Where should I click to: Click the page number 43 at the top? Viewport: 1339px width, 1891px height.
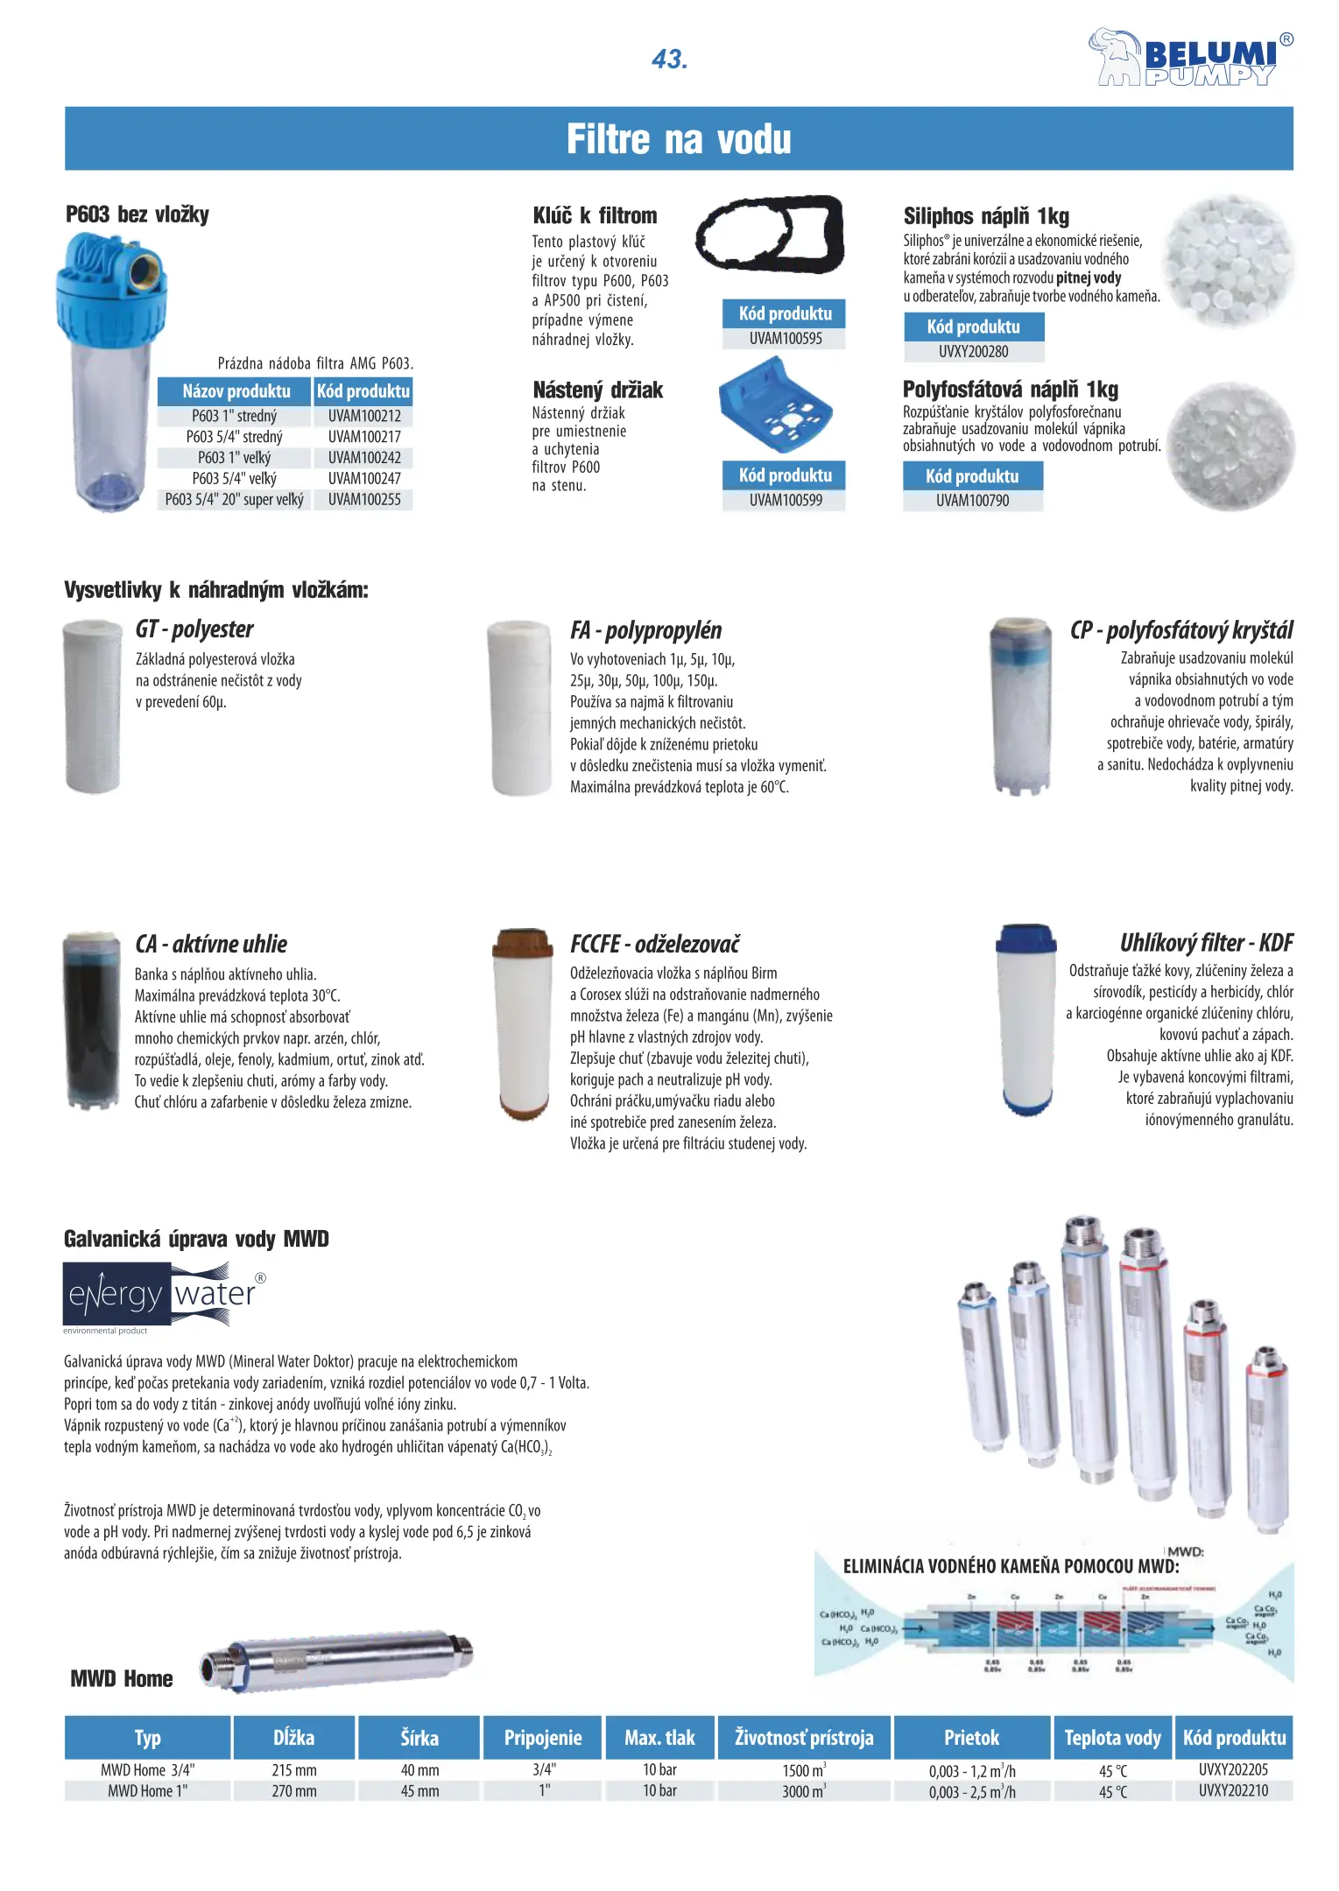pos(670,60)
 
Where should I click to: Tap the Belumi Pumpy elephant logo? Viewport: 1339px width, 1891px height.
pos(1190,58)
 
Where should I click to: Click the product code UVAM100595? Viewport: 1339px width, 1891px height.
pos(785,339)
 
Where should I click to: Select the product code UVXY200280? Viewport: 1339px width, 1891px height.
pos(973,352)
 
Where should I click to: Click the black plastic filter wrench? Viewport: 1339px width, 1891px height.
pos(770,233)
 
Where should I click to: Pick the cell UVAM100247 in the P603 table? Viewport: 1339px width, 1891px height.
pos(364,479)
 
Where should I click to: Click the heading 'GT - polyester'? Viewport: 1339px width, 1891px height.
pos(194,629)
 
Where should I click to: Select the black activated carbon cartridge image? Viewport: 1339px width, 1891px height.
pos(92,1021)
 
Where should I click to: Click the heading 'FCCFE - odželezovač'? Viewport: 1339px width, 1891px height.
pos(655,944)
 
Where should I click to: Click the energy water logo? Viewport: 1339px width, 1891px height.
pos(162,1294)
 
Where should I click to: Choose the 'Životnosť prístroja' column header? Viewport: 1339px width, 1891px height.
pos(804,1738)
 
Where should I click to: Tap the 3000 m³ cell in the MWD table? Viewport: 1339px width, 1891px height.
pos(804,1791)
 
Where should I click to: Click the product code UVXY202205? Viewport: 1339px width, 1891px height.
pos(1233,1769)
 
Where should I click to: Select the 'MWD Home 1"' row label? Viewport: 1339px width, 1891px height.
pos(147,1791)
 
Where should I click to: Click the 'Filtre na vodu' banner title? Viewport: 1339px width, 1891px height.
pos(679,139)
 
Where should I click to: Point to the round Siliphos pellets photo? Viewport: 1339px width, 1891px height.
pos(1228,261)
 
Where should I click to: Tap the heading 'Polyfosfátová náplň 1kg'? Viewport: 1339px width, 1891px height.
pos(1011,390)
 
